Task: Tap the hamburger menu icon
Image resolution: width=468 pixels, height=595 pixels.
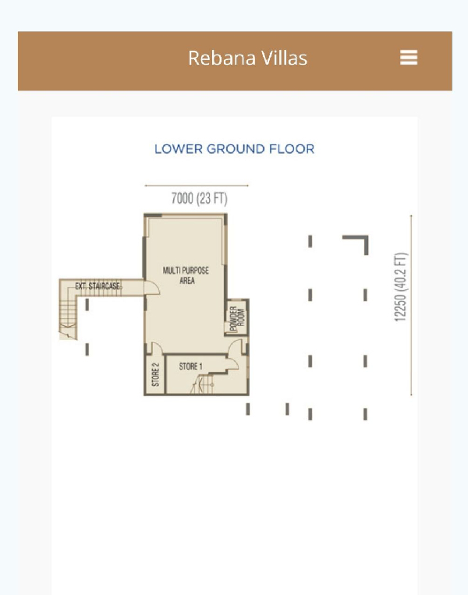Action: (x=409, y=57)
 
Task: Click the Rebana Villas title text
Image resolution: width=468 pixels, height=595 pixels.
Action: (x=247, y=58)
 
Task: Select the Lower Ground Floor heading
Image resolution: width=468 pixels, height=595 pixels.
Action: (x=234, y=149)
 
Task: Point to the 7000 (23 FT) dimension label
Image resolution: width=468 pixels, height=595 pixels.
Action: (x=199, y=198)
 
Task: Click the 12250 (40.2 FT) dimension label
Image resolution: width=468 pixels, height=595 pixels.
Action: (x=400, y=287)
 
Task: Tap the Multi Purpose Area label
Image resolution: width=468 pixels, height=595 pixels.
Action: (x=186, y=275)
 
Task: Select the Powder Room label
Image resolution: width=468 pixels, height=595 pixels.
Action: (x=237, y=318)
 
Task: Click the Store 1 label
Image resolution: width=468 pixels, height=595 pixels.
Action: (x=190, y=367)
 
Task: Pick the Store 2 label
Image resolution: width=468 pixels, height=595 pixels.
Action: (x=155, y=374)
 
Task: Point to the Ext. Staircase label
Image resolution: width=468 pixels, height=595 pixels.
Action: (x=98, y=286)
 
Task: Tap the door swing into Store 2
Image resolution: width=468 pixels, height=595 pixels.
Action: (x=157, y=348)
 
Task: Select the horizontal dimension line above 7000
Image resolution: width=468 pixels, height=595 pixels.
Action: (x=197, y=186)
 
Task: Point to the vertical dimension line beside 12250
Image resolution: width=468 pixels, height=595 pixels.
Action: (x=411, y=306)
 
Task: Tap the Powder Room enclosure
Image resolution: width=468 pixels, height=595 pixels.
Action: (x=237, y=317)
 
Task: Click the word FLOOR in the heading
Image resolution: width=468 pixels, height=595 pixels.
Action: (x=292, y=149)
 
